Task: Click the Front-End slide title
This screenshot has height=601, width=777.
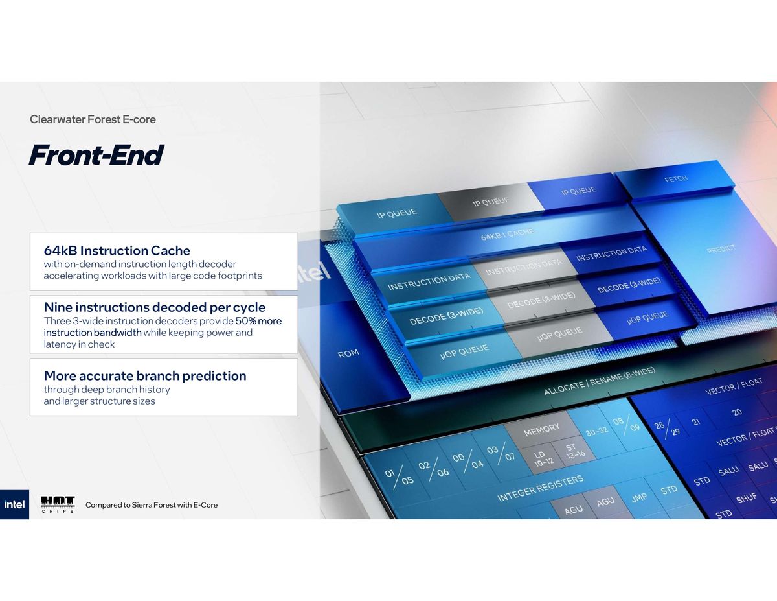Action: (96, 156)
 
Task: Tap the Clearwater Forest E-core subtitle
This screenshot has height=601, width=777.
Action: (93, 119)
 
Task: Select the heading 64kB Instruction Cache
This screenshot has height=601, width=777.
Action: (117, 250)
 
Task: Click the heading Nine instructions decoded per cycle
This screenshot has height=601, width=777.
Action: (154, 307)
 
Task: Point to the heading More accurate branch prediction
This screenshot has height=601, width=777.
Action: (144, 375)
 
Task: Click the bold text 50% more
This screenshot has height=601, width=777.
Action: (258, 321)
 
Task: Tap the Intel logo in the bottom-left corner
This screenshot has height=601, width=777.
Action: (14, 504)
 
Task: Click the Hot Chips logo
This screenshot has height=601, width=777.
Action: (58, 504)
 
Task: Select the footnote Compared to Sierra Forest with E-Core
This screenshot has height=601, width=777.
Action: (152, 504)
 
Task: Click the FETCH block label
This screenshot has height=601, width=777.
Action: (676, 179)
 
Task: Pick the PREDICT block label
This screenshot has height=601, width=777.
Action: (721, 249)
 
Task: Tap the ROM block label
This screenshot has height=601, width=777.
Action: (348, 354)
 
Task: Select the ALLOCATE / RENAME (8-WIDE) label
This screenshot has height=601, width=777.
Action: (599, 381)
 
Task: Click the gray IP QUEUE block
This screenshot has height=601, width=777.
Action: (490, 202)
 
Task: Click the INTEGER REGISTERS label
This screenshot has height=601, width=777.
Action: (540, 488)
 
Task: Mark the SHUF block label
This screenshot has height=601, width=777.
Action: (746, 499)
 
